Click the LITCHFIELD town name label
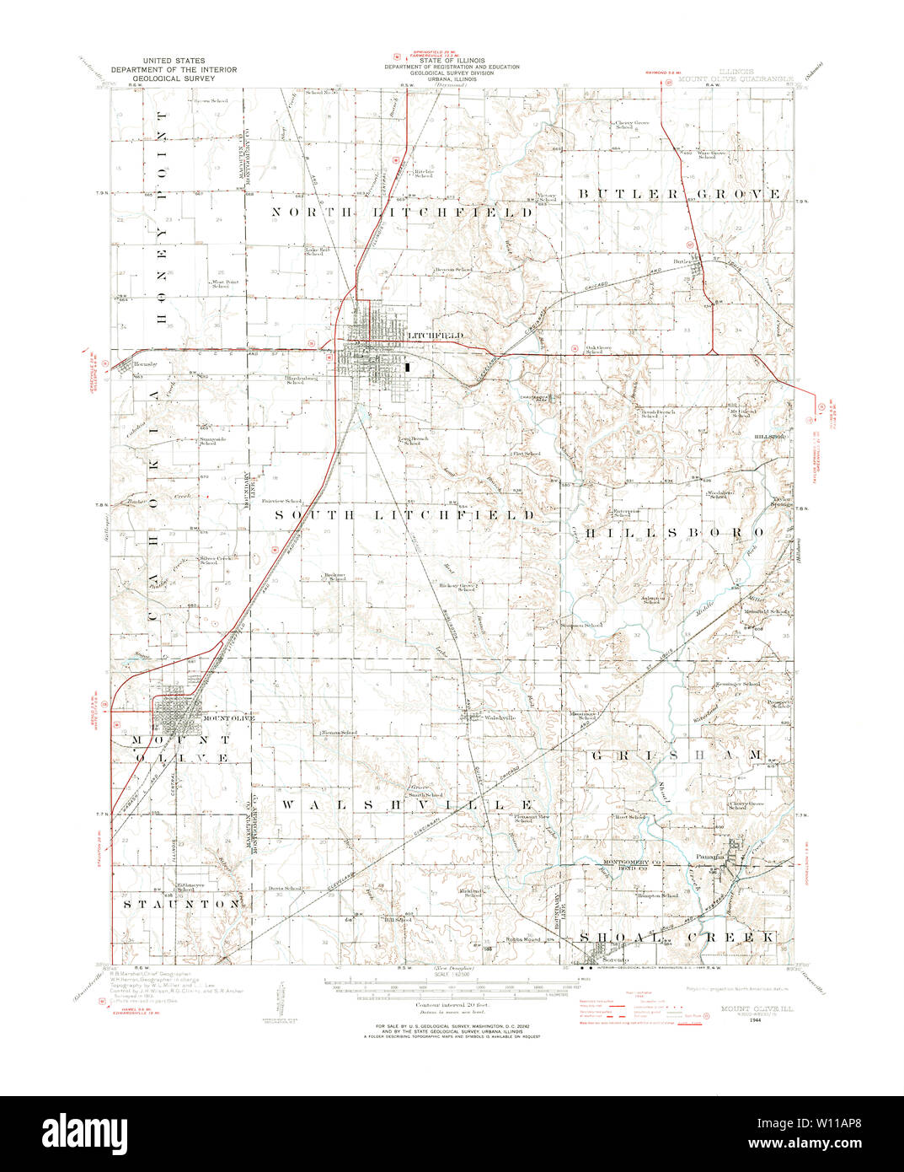(425, 336)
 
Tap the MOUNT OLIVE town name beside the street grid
(227, 718)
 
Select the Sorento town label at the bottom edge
(615, 961)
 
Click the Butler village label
(683, 262)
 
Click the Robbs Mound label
(522, 939)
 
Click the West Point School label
(220, 284)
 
